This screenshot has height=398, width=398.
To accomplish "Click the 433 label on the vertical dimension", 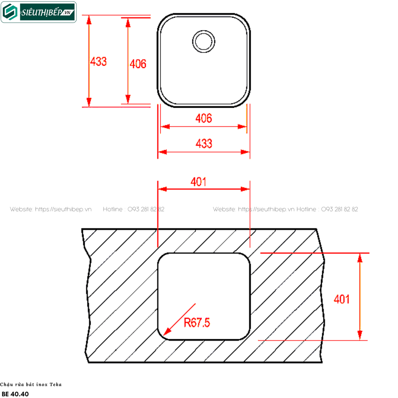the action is click(98, 62).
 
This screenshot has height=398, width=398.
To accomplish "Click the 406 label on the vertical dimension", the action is click(138, 64).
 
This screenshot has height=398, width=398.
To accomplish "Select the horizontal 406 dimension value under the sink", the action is click(204, 119).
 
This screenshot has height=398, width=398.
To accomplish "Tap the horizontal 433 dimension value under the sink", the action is click(204, 144).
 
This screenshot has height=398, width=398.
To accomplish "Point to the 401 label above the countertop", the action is click(198, 182).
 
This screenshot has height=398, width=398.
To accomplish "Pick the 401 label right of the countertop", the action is click(341, 299).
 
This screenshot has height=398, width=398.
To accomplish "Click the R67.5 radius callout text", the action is click(197, 323).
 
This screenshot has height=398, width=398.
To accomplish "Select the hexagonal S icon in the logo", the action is click(10, 12).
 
